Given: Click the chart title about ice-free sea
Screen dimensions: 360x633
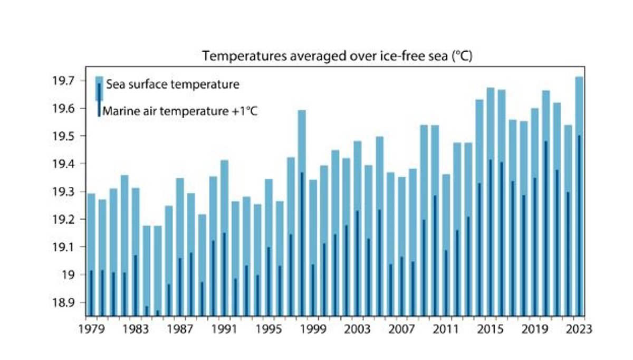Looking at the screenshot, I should click(x=337, y=56).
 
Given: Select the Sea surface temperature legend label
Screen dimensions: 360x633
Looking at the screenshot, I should click(x=172, y=84).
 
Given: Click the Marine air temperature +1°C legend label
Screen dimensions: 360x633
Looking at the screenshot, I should click(x=180, y=111).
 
